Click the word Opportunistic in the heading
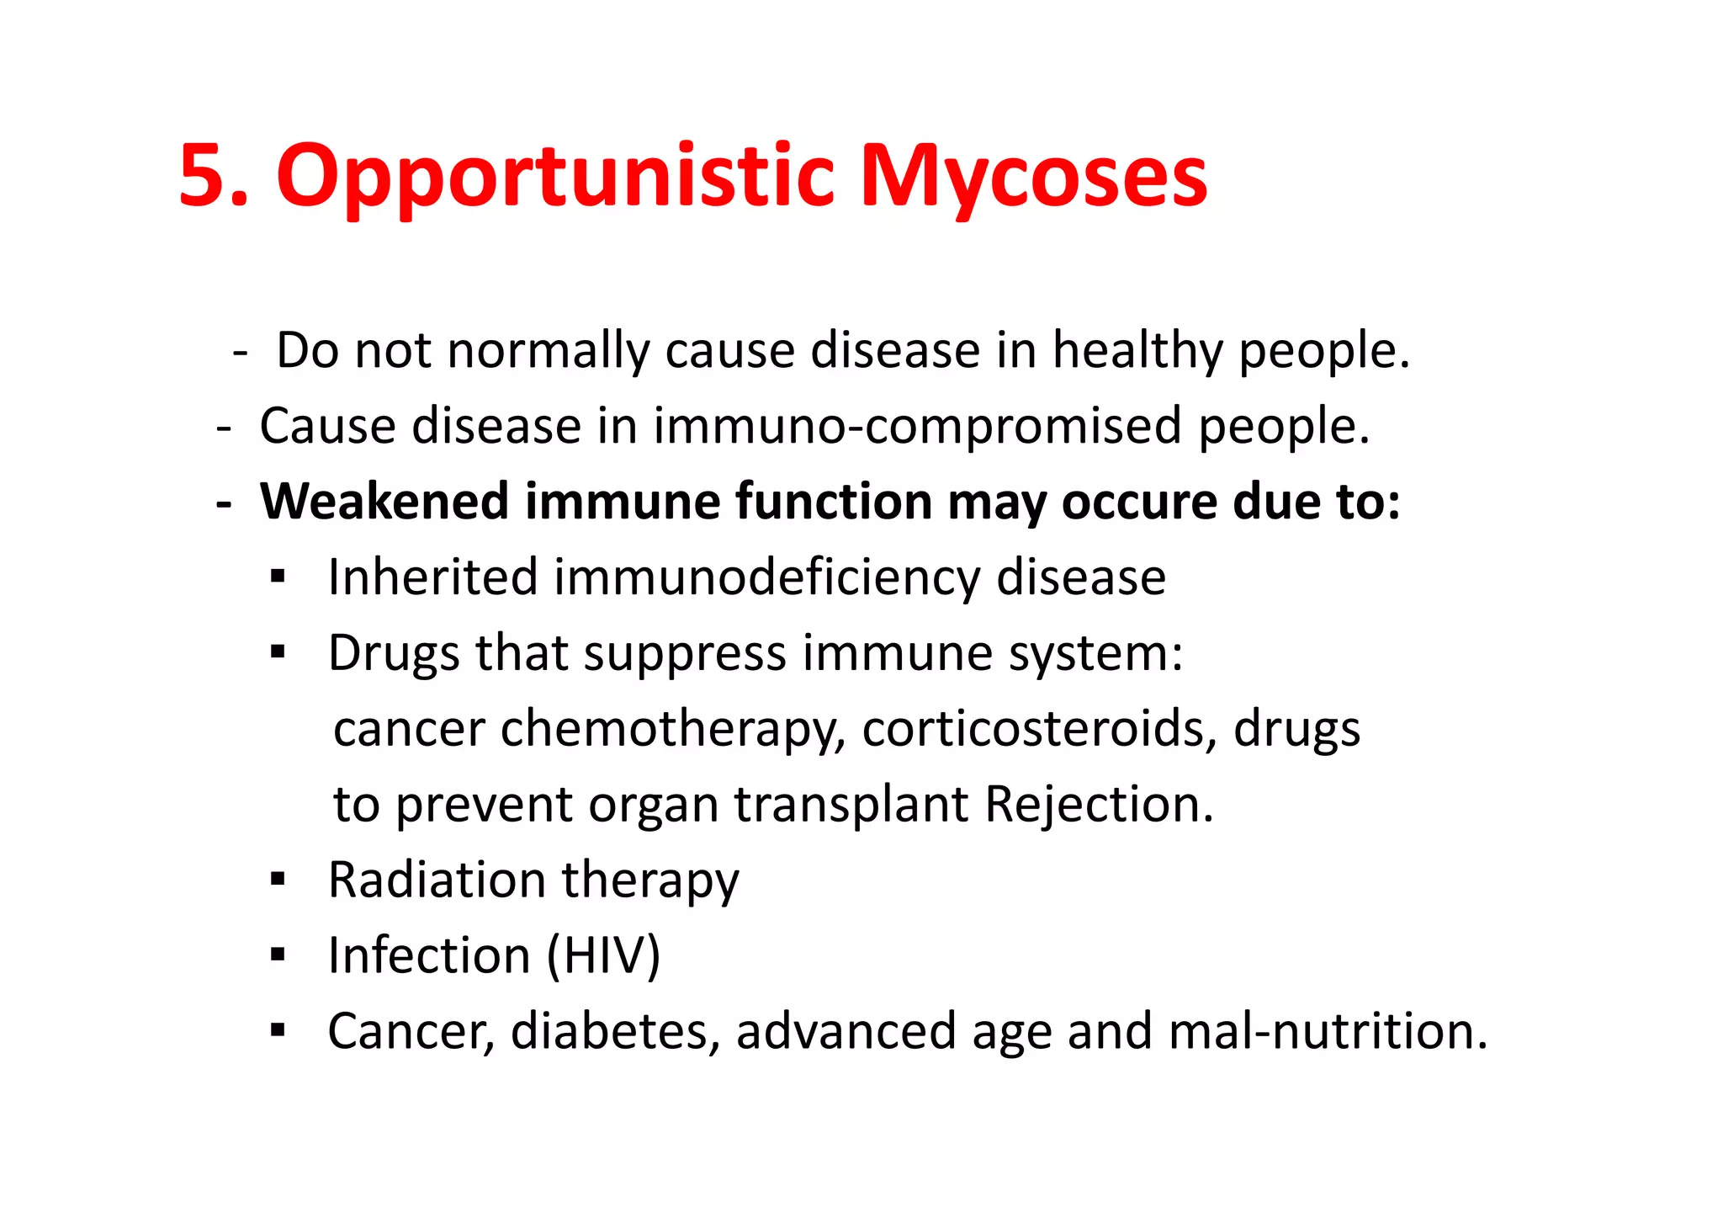pyautogui.click(x=555, y=177)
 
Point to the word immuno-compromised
pyautogui.click(x=918, y=426)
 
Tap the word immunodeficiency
pyautogui.click(x=766, y=579)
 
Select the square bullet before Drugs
pyautogui.click(x=278, y=652)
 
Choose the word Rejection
pyautogui.click(x=1099, y=805)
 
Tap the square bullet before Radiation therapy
pyautogui.click(x=278, y=880)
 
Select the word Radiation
pyautogui.click(x=437, y=880)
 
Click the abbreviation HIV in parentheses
pyautogui.click(x=603, y=956)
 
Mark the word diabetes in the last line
pyautogui.click(x=609, y=1031)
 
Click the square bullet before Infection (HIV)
pyautogui.click(x=278, y=955)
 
